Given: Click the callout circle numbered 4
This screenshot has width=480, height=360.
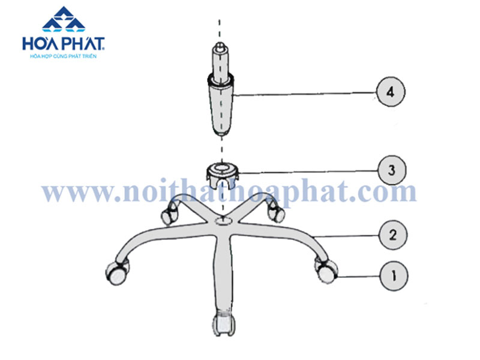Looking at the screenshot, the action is [391, 92].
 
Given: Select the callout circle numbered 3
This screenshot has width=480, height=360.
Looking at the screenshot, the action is [392, 170].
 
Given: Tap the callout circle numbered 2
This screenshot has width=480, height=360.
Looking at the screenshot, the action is [393, 235].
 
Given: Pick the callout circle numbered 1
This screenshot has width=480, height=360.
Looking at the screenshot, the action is [394, 276].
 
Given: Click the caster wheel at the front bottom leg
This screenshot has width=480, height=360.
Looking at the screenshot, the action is [224, 324].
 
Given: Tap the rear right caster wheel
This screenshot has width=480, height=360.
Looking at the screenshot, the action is [276, 212].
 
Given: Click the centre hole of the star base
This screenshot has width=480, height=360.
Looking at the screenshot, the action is [223, 220].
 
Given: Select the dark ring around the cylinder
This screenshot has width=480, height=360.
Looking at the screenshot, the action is [221, 80].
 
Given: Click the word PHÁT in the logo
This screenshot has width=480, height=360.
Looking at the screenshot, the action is [83, 44].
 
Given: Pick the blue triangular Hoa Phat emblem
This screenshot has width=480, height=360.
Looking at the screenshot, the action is [64, 19].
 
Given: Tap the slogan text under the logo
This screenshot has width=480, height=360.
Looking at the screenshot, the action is [64, 56].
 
